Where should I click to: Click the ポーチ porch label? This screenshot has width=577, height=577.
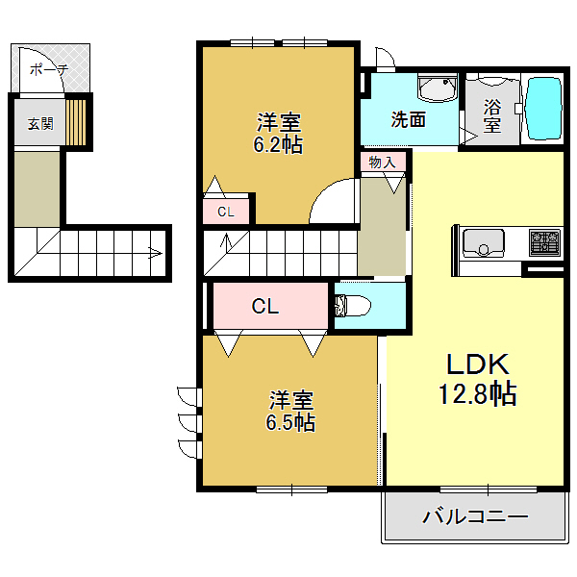49,68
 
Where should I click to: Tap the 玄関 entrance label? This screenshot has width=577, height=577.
39,123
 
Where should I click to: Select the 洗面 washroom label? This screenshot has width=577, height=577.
408,119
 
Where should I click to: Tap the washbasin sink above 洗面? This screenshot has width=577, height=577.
438,89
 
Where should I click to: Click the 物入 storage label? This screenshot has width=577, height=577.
382,163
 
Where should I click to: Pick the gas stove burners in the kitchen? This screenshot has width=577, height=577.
544,240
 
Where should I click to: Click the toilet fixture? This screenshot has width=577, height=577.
352,307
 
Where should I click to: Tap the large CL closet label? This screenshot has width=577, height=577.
265,307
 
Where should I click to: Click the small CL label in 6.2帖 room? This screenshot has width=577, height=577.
225,212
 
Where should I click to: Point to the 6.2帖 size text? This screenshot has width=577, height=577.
279,145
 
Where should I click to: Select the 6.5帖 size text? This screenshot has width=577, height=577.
290,421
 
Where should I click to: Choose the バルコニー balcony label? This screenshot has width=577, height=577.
475,517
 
